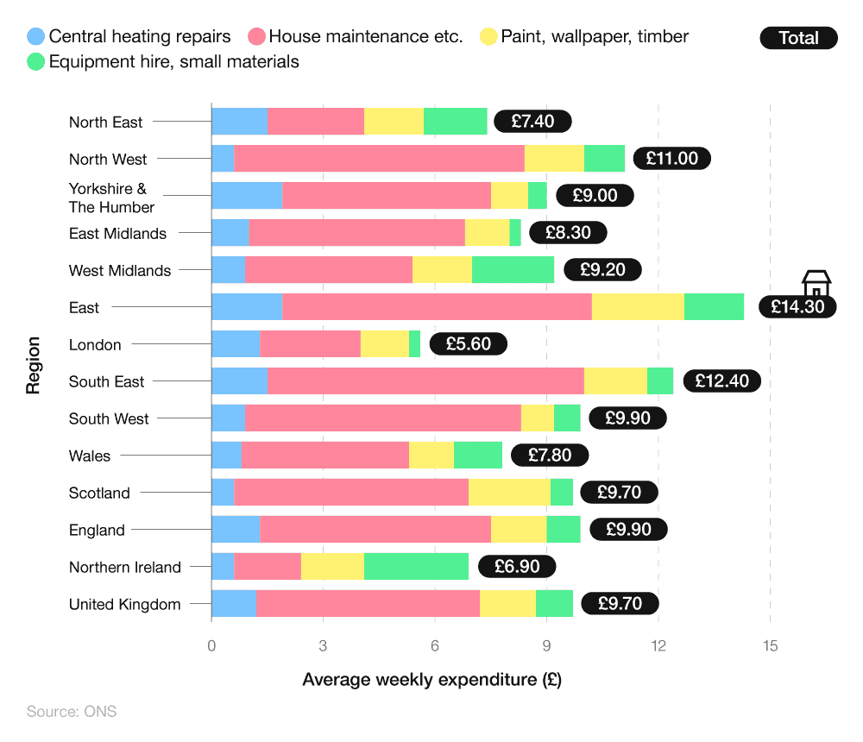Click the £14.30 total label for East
click(797, 306)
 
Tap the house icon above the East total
click(816, 282)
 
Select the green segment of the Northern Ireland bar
click(416, 567)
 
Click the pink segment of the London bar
click(310, 344)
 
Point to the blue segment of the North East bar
click(239, 122)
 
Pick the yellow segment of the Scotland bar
click(509, 493)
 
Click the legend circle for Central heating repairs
click(36, 36)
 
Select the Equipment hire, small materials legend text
click(173, 61)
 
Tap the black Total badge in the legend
click(798, 38)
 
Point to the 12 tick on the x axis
click(658, 645)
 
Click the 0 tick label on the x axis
click(211, 645)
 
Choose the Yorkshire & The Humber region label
click(111, 198)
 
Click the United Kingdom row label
click(125, 604)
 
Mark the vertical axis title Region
click(33, 366)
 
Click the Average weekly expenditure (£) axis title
click(431, 680)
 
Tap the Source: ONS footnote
click(72, 712)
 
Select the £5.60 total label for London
click(468, 344)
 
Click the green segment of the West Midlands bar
click(513, 270)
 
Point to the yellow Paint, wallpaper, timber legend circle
click(488, 36)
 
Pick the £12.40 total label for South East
click(721, 381)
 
